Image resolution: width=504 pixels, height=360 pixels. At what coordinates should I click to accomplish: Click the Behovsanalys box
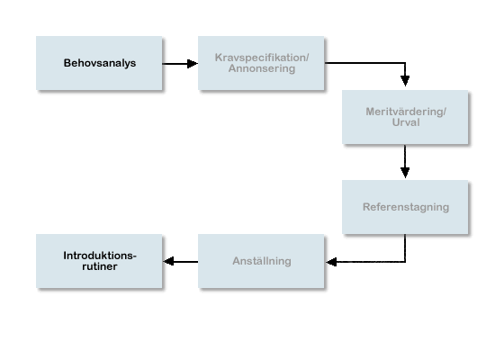click(99, 63)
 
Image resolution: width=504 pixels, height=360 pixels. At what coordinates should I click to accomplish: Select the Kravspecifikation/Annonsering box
click(261, 63)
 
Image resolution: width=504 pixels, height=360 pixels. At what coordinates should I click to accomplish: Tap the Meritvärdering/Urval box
click(405, 117)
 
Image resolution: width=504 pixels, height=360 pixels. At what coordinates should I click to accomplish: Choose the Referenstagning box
click(405, 207)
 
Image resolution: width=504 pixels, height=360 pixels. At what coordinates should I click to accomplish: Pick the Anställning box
click(261, 261)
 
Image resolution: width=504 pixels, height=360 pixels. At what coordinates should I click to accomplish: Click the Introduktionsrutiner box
click(99, 261)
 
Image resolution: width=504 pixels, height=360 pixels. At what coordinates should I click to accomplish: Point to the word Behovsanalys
click(100, 63)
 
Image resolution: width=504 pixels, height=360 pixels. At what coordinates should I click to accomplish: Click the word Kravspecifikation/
click(262, 58)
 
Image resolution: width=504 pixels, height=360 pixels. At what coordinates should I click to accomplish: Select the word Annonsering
click(262, 68)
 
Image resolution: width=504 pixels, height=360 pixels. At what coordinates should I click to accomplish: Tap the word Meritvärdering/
click(406, 112)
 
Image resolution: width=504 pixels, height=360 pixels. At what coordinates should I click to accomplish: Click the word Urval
click(406, 122)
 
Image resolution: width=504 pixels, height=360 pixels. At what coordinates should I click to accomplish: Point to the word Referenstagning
click(406, 207)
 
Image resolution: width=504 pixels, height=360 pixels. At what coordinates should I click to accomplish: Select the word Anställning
click(262, 261)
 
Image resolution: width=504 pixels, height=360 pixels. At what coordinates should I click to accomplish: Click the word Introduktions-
click(100, 256)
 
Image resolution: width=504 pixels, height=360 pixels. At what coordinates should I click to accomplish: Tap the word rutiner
click(100, 266)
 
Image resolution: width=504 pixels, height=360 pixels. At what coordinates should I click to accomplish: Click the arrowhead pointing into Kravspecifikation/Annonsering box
click(193, 64)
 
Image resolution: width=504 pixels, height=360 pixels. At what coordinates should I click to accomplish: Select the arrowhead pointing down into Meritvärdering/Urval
click(405, 81)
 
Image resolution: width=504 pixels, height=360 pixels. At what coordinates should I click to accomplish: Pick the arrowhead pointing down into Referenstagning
click(405, 173)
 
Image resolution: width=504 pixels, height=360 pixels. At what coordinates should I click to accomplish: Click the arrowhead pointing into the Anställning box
click(331, 262)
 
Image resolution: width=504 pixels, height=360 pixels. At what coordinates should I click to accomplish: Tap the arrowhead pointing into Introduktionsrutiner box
click(169, 261)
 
